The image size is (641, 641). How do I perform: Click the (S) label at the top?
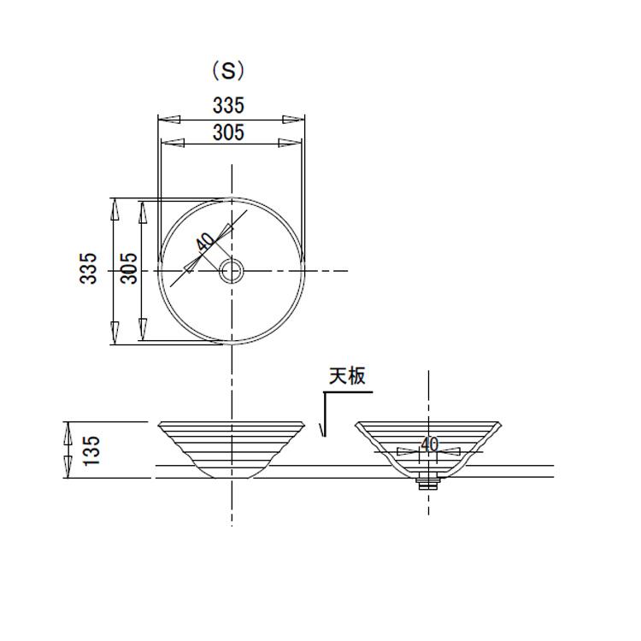pos(228,71)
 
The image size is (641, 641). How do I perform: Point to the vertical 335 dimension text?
pos(88,268)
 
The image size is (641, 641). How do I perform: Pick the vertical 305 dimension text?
pos(129,268)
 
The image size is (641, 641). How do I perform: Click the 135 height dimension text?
pos(91,450)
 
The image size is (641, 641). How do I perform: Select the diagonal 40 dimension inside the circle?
pos(205,242)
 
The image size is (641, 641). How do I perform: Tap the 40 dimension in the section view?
pos(430,444)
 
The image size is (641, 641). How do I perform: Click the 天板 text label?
pos(347,376)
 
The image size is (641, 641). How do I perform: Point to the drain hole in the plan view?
pos(232,271)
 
